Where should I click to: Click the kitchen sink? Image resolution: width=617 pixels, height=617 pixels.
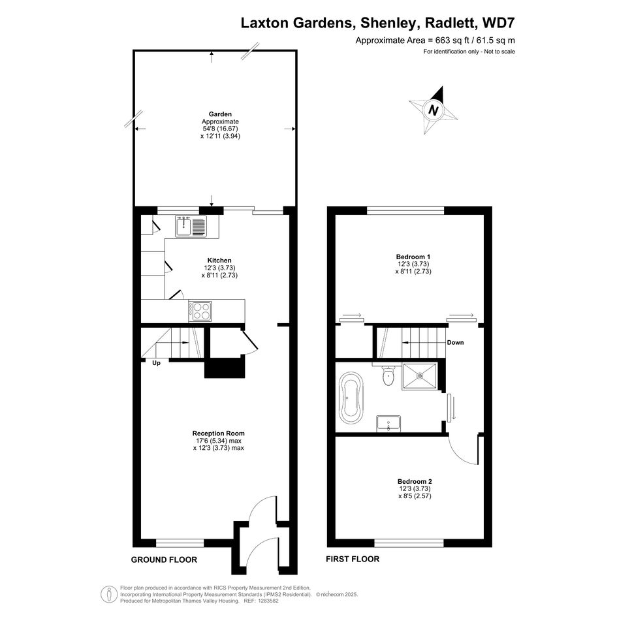tap(191, 227)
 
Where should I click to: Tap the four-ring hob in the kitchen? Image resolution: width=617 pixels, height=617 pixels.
tap(200, 311)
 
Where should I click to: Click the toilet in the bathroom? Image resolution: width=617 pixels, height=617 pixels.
tap(388, 375)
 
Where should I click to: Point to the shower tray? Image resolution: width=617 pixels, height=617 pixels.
tap(419, 376)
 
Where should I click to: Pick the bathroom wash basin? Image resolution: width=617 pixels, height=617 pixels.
tap(388, 423)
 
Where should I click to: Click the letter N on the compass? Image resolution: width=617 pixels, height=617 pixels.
tap(434, 110)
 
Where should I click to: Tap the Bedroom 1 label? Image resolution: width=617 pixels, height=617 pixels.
tap(413, 257)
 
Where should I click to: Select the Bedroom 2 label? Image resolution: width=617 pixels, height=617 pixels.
tap(415, 481)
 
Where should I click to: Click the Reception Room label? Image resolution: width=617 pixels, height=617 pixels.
tap(218, 434)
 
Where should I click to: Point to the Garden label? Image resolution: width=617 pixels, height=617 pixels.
tap(220, 114)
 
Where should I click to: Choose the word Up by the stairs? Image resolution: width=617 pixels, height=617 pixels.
tap(156, 363)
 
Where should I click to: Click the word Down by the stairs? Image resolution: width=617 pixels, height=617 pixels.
tap(455, 342)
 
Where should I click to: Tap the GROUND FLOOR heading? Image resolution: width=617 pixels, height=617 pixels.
tap(164, 560)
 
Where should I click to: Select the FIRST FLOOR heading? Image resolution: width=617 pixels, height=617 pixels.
tap(353, 559)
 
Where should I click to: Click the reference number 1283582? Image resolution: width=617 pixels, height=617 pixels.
tap(268, 601)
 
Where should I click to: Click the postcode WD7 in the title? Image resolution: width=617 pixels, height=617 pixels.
tap(499, 23)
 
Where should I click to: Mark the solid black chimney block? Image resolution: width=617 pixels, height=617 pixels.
tap(225, 368)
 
